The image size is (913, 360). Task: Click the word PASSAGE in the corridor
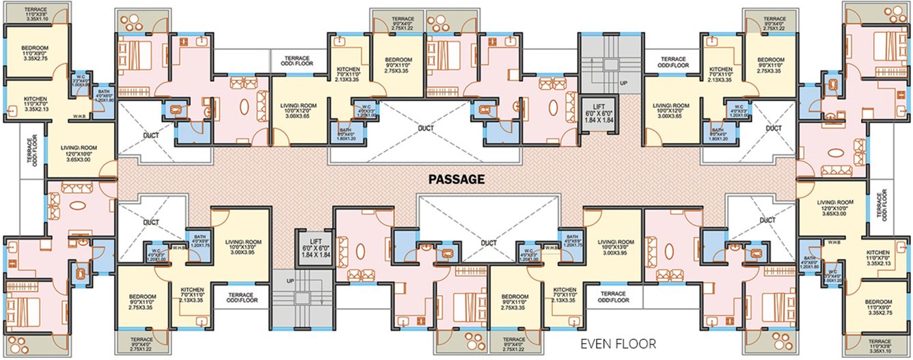457,180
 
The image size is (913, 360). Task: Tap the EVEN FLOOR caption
618,344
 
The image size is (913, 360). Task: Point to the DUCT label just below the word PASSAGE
488,242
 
